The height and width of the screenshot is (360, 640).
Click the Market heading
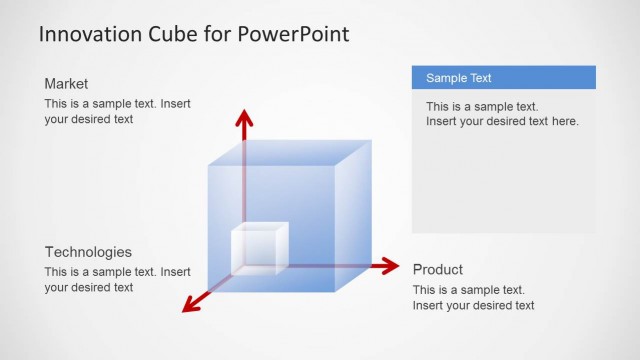(x=66, y=84)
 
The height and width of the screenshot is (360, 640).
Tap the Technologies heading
(x=88, y=252)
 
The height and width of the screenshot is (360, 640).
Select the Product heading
(x=437, y=270)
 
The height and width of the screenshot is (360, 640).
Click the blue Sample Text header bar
(x=503, y=77)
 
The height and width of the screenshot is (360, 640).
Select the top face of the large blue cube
(x=289, y=152)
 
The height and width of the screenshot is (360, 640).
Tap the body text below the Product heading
(x=473, y=297)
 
